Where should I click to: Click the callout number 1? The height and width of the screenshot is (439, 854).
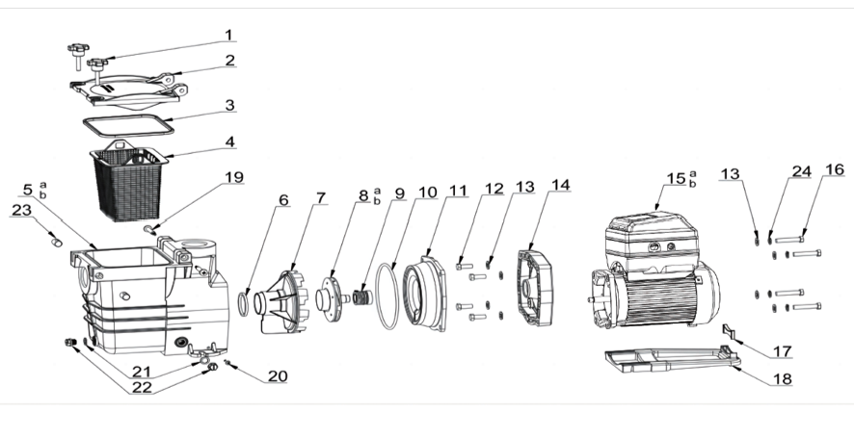pyautogui.click(x=228, y=35)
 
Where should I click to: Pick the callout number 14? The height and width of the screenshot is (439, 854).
pyautogui.click(x=561, y=183)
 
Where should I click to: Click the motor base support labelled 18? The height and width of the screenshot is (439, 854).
pyautogui.click(x=665, y=361)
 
